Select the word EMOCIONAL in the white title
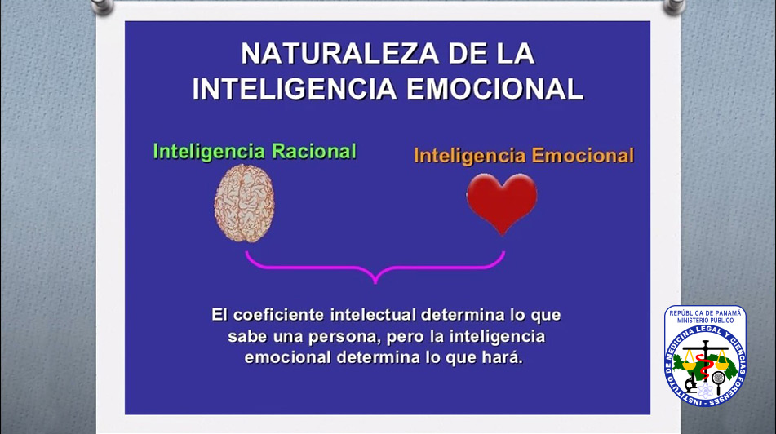[495, 89]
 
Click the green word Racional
[314, 152]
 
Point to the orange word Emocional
[583, 155]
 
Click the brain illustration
[244, 203]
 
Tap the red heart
[502, 203]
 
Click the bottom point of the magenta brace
[375, 283]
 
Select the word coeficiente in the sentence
[278, 315]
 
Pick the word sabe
[247, 336]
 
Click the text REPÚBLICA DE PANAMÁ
[705, 313]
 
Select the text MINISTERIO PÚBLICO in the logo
[705, 321]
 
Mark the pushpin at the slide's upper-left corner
[103, 6]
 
